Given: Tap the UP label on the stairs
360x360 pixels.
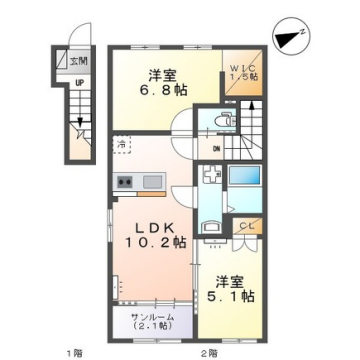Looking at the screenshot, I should [x=77, y=85].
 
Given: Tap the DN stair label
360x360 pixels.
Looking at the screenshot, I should [x=216, y=151].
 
